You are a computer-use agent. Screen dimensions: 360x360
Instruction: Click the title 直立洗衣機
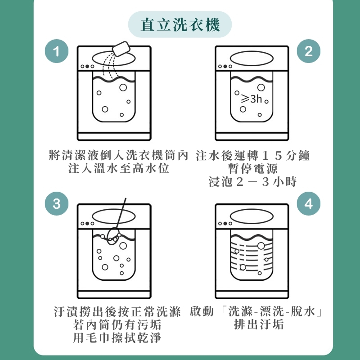click(180, 25)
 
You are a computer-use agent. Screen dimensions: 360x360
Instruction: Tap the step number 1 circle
click(57, 51)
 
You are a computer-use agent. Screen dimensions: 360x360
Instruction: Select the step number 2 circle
click(308, 51)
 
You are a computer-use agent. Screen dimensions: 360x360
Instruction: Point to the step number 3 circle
click(57, 203)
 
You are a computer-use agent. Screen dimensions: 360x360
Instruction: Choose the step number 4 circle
click(308, 203)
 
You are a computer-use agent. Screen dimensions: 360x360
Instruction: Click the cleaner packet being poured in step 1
click(121, 49)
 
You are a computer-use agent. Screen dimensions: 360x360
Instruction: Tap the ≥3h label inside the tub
click(252, 99)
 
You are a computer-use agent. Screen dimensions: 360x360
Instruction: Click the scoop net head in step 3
click(113, 236)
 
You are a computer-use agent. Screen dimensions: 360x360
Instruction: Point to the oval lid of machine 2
click(252, 58)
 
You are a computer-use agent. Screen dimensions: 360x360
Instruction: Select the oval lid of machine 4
click(252, 216)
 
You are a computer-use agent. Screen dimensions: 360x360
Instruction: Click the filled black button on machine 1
click(87, 66)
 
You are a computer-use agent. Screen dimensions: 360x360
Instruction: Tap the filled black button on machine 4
click(225, 223)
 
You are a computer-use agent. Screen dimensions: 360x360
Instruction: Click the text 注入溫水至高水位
click(119, 168)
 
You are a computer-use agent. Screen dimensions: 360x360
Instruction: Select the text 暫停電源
click(253, 168)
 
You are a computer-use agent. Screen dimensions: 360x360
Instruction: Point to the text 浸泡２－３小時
click(253, 181)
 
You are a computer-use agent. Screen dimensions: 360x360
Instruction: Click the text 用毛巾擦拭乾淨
click(117, 337)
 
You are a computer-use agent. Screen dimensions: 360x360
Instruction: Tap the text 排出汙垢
click(259, 324)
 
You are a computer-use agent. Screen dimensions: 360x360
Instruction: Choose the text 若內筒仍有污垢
click(117, 324)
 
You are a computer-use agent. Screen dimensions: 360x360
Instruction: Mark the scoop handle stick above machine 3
click(121, 213)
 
